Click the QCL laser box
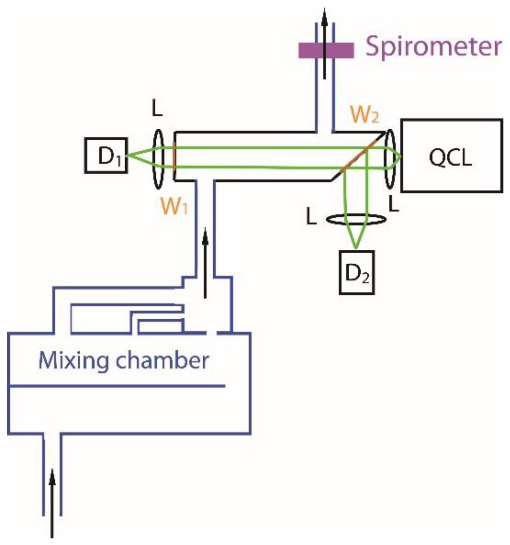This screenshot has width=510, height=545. click(x=451, y=156)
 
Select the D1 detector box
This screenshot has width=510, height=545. click(x=106, y=156)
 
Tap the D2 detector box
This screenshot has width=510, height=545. click(x=356, y=273)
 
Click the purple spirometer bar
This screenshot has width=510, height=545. click(x=326, y=50)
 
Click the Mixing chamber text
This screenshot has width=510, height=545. click(x=123, y=361)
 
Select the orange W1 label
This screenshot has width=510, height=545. click(x=174, y=206)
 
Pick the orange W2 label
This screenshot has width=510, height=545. click(x=364, y=115)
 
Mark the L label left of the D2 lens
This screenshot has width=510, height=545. click(x=311, y=217)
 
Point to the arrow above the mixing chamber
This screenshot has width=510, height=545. click(x=205, y=263)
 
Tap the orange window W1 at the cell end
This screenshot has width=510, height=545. click(x=174, y=156)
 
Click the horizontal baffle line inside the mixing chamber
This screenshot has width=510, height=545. click(x=116, y=386)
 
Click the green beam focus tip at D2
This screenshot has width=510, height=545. click(x=356, y=248)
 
